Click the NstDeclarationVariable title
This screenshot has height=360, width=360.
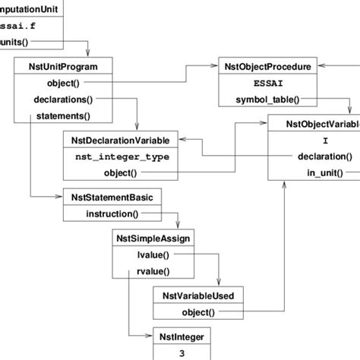(x=121, y=141)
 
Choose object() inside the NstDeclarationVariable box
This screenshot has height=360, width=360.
(x=119, y=173)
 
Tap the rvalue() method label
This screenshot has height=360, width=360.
(x=153, y=271)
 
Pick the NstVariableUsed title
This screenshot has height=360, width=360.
(x=199, y=295)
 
